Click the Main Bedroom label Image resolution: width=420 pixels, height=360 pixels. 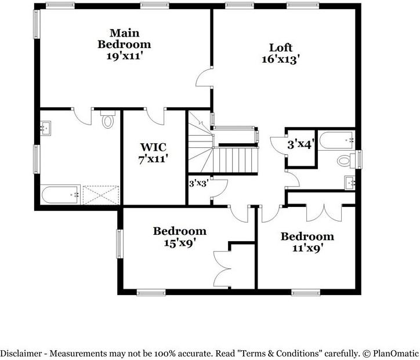pyautogui.click(x=124, y=43)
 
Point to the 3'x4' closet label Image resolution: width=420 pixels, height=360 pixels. pyautogui.click(x=301, y=144)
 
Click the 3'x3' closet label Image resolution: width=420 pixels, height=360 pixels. pyautogui.click(x=198, y=183)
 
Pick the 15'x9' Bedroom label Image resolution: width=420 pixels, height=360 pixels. pyautogui.click(x=179, y=237)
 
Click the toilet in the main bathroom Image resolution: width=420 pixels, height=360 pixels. pyautogui.click(x=107, y=121)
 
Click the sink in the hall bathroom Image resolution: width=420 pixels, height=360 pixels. pyautogui.click(x=350, y=182)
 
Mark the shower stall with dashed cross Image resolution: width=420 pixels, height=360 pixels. pyautogui.click(x=101, y=194)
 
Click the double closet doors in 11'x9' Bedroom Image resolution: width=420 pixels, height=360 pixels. pyautogui.click(x=321, y=212)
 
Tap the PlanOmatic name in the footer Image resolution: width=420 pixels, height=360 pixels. pyautogui.click(x=395, y=352)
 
